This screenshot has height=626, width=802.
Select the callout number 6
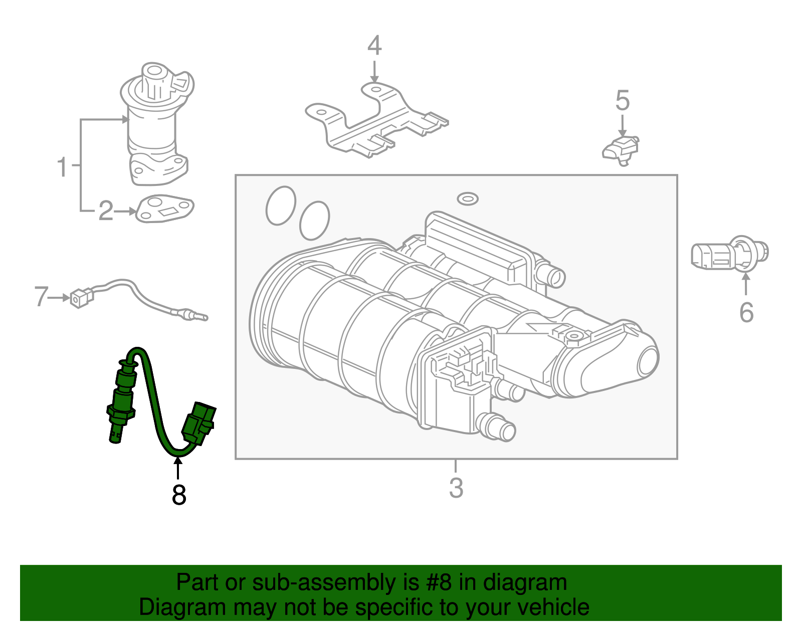[746, 312]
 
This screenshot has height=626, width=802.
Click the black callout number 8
[178, 495]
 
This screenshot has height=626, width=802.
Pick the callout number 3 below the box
[456, 488]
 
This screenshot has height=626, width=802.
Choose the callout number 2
[106, 211]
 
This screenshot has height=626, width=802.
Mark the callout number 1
[62, 167]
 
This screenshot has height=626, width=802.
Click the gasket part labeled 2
[165, 208]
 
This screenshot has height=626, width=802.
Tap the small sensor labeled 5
[622, 149]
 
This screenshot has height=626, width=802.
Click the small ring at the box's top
[467, 198]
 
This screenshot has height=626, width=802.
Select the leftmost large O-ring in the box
[281, 205]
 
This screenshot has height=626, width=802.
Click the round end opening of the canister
[648, 361]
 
